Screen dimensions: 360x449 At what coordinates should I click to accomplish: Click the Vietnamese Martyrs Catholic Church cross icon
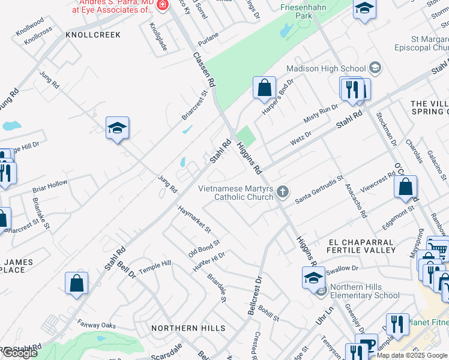(283, 192)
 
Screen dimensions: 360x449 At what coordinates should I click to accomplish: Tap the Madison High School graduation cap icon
(376, 68)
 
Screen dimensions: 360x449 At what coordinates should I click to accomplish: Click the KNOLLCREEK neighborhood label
(94, 35)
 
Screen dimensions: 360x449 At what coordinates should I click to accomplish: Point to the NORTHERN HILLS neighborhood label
(188, 328)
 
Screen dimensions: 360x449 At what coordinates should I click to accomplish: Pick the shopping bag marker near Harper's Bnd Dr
(264, 88)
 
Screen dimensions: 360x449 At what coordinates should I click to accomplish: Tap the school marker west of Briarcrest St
(118, 128)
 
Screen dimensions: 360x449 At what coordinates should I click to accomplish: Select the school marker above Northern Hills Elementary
(313, 278)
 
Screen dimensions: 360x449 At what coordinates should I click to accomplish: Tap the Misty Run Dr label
(321, 112)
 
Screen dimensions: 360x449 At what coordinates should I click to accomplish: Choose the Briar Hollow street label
(50, 186)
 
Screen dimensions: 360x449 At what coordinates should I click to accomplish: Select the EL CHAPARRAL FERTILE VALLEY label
(361, 245)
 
